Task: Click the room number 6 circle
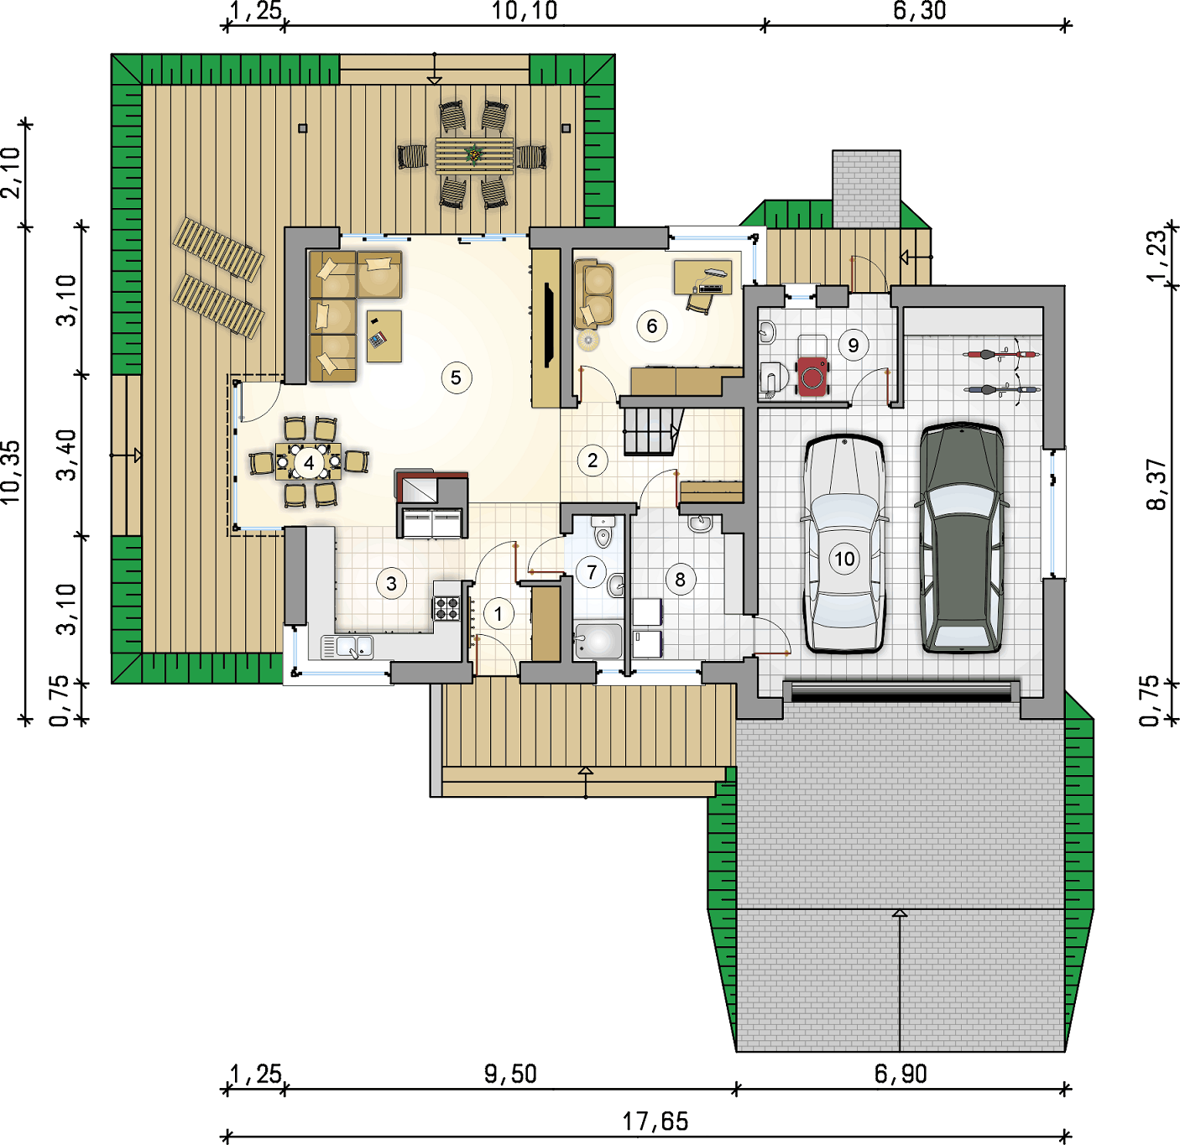point(652,326)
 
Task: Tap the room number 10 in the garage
point(844,559)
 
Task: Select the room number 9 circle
point(854,345)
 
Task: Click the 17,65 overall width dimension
point(655,1122)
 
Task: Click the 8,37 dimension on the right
point(1158,484)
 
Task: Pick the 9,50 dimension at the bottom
point(510,1074)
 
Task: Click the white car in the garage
point(844,543)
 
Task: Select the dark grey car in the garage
point(962,537)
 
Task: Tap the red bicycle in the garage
point(1002,354)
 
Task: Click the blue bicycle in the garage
point(1002,390)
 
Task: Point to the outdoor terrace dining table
point(473,156)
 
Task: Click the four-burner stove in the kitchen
point(446,608)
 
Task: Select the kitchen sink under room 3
point(347,647)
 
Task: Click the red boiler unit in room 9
point(812,377)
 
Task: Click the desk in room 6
point(702,277)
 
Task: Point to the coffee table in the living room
point(384,336)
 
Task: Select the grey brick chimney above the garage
point(866,189)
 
